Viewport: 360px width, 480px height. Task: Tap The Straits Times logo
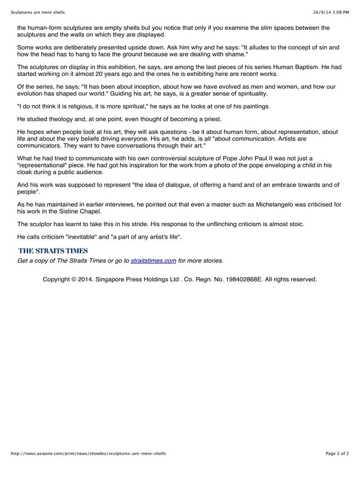[x=53, y=251]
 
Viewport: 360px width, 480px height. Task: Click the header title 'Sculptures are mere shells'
[x=38, y=12]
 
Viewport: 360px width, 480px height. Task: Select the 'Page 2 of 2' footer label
[x=337, y=453]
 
